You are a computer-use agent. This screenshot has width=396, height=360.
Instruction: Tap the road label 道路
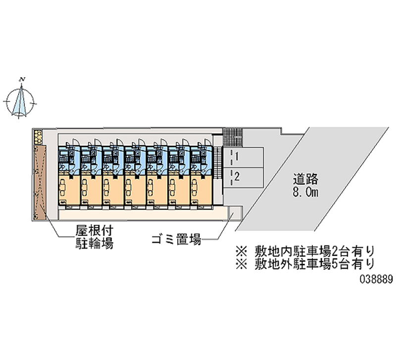(x=305, y=179)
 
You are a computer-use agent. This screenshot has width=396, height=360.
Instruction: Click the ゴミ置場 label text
(x=176, y=241)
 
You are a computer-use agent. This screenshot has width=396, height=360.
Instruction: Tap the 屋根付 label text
(x=92, y=231)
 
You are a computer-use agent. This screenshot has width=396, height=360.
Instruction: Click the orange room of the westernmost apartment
(x=69, y=188)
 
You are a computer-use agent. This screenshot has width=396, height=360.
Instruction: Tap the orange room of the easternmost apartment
(x=201, y=188)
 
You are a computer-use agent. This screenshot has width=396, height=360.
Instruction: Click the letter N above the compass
(x=22, y=79)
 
